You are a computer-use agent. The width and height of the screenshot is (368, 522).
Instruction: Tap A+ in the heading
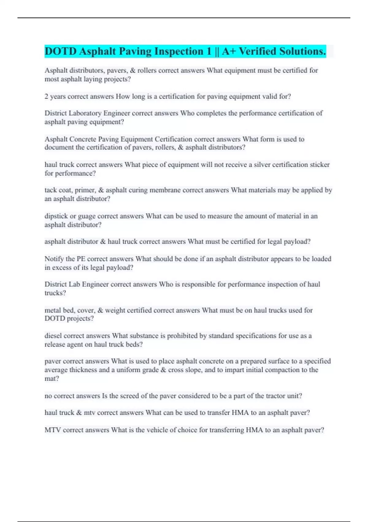pyautogui.click(x=229, y=51)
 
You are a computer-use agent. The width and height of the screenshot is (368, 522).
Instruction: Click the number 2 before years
pyautogui.click(x=46, y=96)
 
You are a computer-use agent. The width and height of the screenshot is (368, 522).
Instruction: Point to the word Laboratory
pyautogui.click(x=86, y=113)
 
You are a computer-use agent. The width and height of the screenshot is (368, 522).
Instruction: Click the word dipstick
pyautogui.click(x=56, y=216)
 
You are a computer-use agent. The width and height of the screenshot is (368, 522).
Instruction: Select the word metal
pyautogui.click(x=52, y=310)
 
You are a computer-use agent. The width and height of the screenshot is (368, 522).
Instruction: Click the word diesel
pyautogui.click(x=53, y=336)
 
